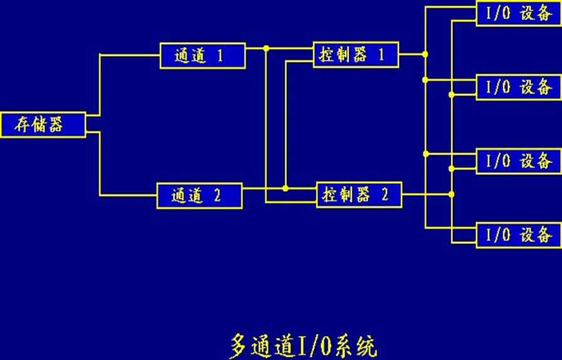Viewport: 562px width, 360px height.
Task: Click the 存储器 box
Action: tap(43, 124)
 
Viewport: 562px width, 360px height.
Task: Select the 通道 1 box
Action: tap(202, 56)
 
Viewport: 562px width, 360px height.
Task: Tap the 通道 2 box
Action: tap(199, 196)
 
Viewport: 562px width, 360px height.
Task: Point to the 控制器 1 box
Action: tap(356, 55)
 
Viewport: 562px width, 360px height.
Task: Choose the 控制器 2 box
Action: tap(359, 194)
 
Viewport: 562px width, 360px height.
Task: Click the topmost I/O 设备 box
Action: tap(518, 14)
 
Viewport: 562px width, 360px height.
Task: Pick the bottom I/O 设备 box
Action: tap(518, 235)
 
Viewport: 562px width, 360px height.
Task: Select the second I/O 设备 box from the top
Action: tap(518, 87)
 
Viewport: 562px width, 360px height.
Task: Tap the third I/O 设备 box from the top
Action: tap(518, 161)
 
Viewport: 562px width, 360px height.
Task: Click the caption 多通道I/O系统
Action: tap(304, 346)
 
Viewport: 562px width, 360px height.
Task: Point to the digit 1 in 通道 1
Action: tap(220, 56)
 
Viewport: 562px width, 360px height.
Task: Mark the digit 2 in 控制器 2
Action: tap(384, 194)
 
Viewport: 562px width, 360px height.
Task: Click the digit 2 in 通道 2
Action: tap(217, 196)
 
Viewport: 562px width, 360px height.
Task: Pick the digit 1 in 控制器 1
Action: tap(380, 55)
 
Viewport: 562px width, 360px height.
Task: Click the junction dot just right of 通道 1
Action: tap(266, 48)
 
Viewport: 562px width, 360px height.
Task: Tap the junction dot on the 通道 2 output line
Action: tap(285, 188)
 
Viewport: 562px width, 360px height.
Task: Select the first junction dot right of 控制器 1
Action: tap(425, 55)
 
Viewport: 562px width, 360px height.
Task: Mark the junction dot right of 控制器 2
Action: tap(451, 194)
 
